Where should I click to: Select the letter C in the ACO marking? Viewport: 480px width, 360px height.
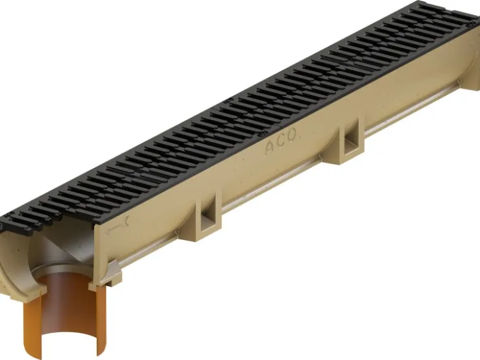(x=280, y=141)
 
